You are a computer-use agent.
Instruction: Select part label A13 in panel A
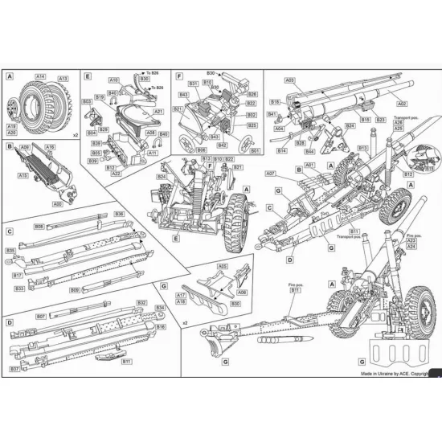(x=63, y=79)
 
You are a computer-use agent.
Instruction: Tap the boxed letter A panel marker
(x=10, y=76)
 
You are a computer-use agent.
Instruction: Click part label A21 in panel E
(x=159, y=112)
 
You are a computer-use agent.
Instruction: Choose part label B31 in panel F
(x=193, y=84)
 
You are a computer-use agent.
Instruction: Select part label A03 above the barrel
(x=290, y=80)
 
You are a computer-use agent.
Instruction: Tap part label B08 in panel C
(x=39, y=227)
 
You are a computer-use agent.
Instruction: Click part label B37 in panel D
(x=15, y=369)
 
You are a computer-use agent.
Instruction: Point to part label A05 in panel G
(x=223, y=266)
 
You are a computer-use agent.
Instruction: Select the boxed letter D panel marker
(x=10, y=322)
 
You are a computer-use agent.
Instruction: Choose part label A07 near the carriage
(x=270, y=173)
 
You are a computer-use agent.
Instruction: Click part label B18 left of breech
(x=275, y=102)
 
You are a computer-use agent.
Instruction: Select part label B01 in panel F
(x=255, y=150)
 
